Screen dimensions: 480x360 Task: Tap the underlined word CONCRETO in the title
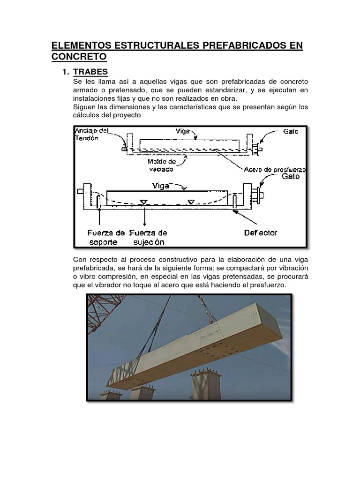[79, 57]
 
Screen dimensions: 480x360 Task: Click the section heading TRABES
[90, 72]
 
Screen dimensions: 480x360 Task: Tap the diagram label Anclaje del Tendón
[92, 134]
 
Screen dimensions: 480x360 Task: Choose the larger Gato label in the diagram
[291, 177]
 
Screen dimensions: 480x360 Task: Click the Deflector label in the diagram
[261, 232]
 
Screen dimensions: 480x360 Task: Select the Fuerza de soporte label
[106, 237]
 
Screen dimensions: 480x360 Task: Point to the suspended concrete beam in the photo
[197, 347]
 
